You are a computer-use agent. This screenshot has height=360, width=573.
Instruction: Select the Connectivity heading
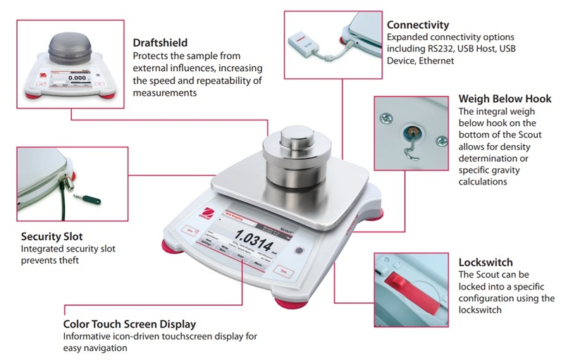tap(418, 25)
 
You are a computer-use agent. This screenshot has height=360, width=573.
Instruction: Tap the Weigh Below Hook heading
tap(505, 99)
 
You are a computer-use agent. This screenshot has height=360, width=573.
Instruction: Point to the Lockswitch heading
tap(486, 261)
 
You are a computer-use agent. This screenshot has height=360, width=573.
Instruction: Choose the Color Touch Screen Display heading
tap(129, 325)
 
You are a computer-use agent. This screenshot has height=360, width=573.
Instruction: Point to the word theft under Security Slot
tap(70, 261)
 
